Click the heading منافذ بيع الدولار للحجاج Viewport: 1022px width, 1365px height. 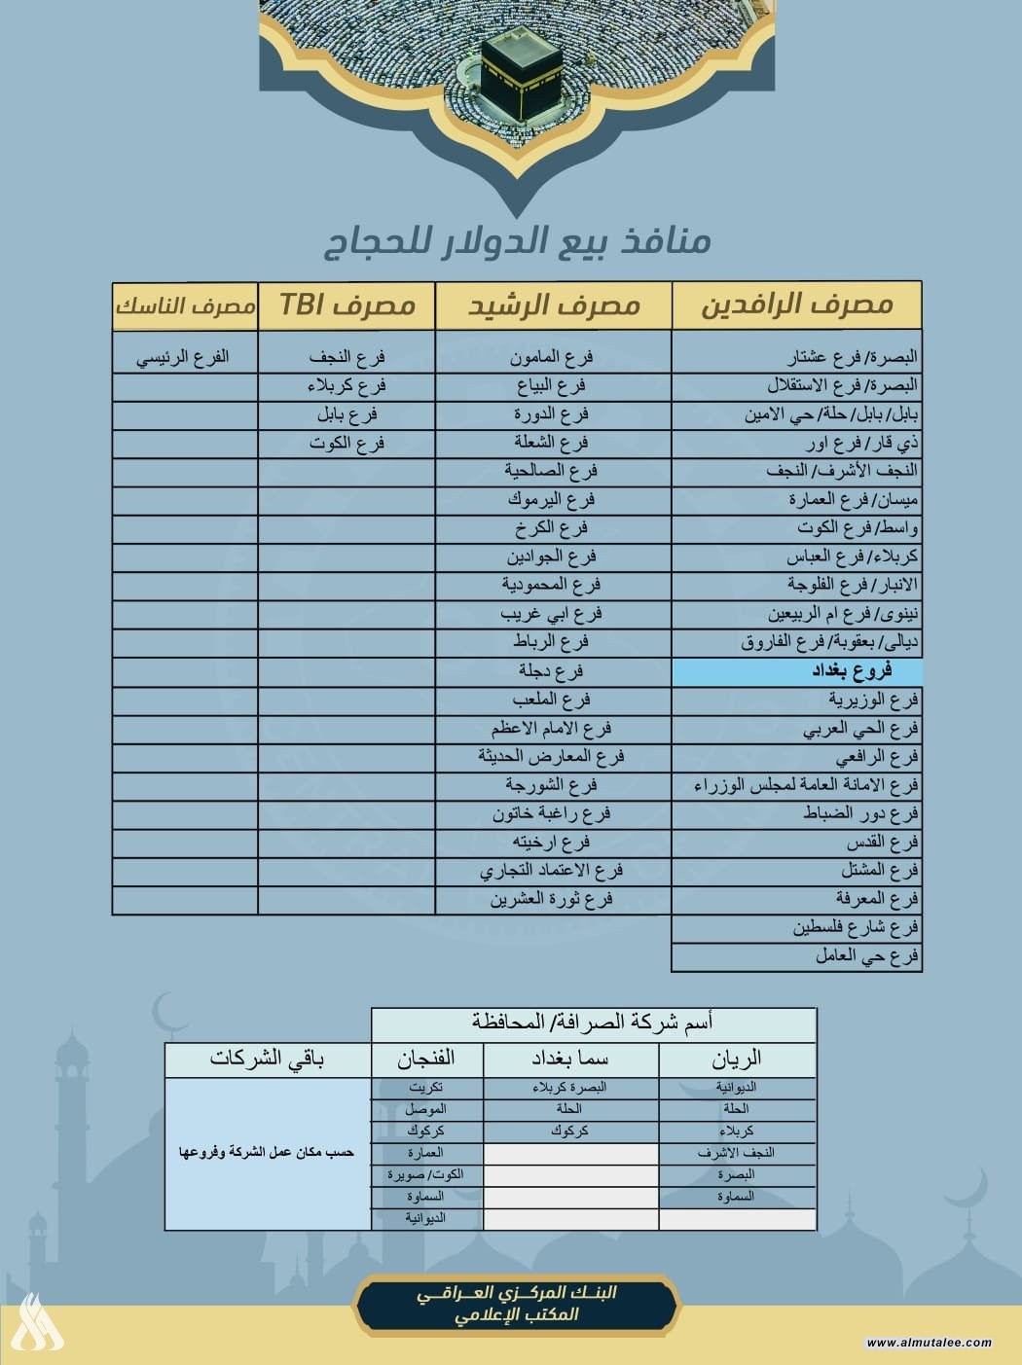(517, 241)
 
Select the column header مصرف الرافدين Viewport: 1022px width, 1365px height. (796, 305)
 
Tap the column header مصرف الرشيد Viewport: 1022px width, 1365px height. (553, 305)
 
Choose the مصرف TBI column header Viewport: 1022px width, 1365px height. (347, 305)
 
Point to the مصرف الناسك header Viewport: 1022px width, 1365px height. (185, 305)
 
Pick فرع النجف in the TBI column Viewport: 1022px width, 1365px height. (347, 357)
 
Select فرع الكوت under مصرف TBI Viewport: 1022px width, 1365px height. (347, 444)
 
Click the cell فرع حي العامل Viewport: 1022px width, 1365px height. (866, 956)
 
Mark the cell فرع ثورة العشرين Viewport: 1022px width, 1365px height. (551, 900)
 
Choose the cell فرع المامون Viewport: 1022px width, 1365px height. (551, 357)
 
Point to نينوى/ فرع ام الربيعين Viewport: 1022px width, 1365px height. (842, 614)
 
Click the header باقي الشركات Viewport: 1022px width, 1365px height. (267, 1059)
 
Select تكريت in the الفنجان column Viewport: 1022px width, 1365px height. (426, 1088)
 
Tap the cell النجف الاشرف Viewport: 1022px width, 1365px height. (736, 1153)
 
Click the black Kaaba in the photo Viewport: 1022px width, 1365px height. (522, 70)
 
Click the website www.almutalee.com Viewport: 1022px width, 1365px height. (929, 1343)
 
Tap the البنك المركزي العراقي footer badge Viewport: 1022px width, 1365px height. (516, 1304)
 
